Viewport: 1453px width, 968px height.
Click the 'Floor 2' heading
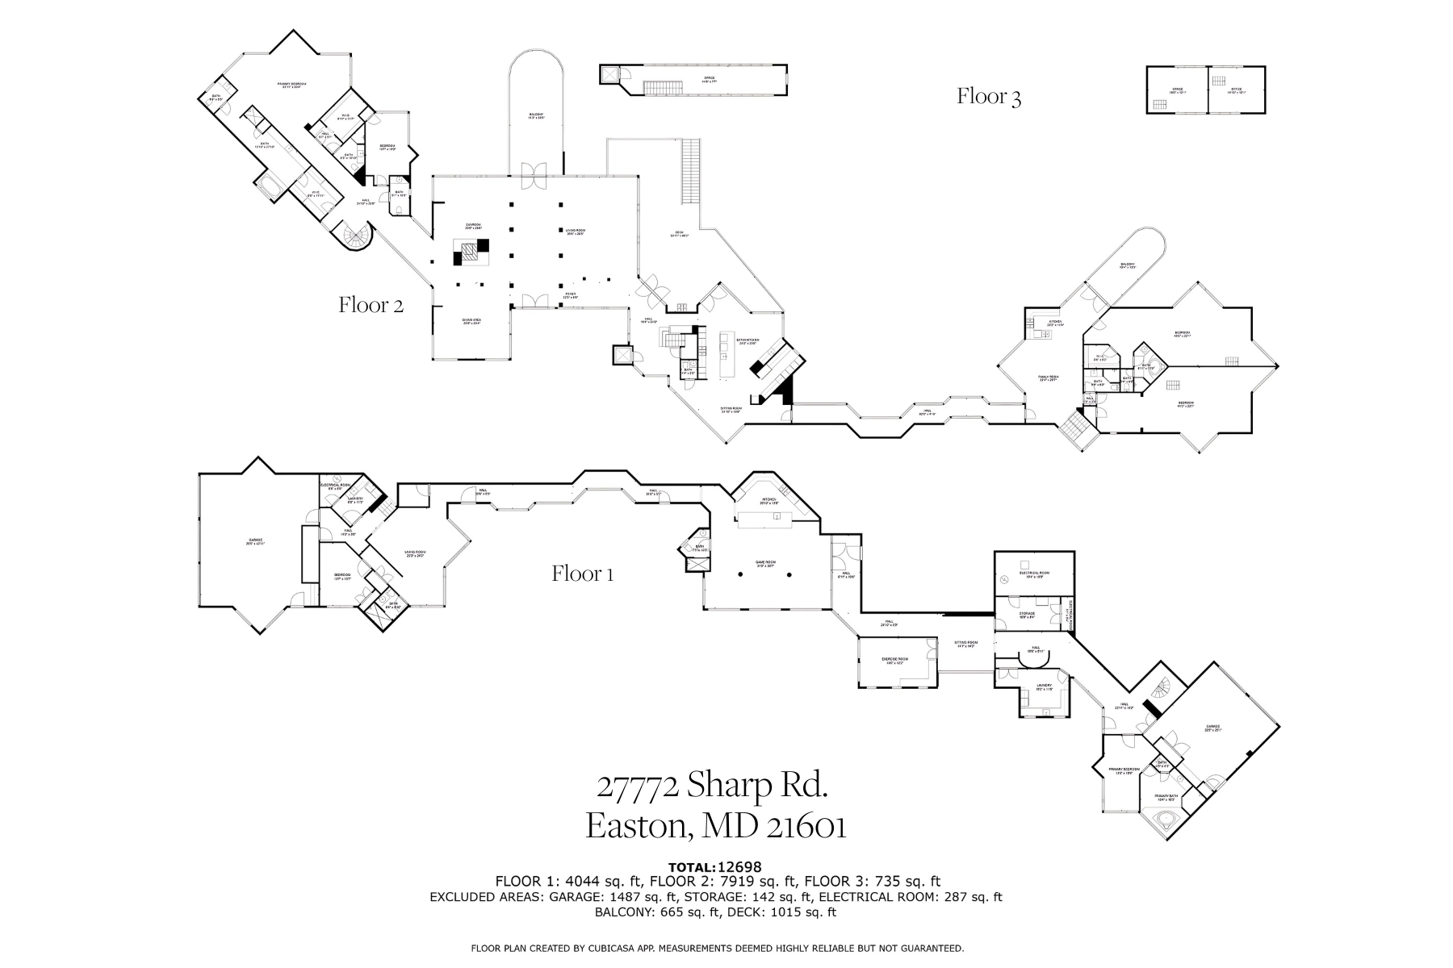tap(371, 305)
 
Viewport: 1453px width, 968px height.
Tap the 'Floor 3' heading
tap(989, 97)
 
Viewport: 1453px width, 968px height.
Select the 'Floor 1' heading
tap(583, 574)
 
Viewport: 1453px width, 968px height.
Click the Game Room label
tap(765, 564)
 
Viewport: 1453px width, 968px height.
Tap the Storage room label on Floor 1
tap(1027, 615)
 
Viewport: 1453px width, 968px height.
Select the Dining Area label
tap(472, 322)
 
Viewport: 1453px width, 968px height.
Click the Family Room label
tap(1049, 378)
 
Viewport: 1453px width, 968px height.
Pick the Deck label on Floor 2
tap(680, 235)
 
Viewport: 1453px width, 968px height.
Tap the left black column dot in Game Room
tap(740, 574)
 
